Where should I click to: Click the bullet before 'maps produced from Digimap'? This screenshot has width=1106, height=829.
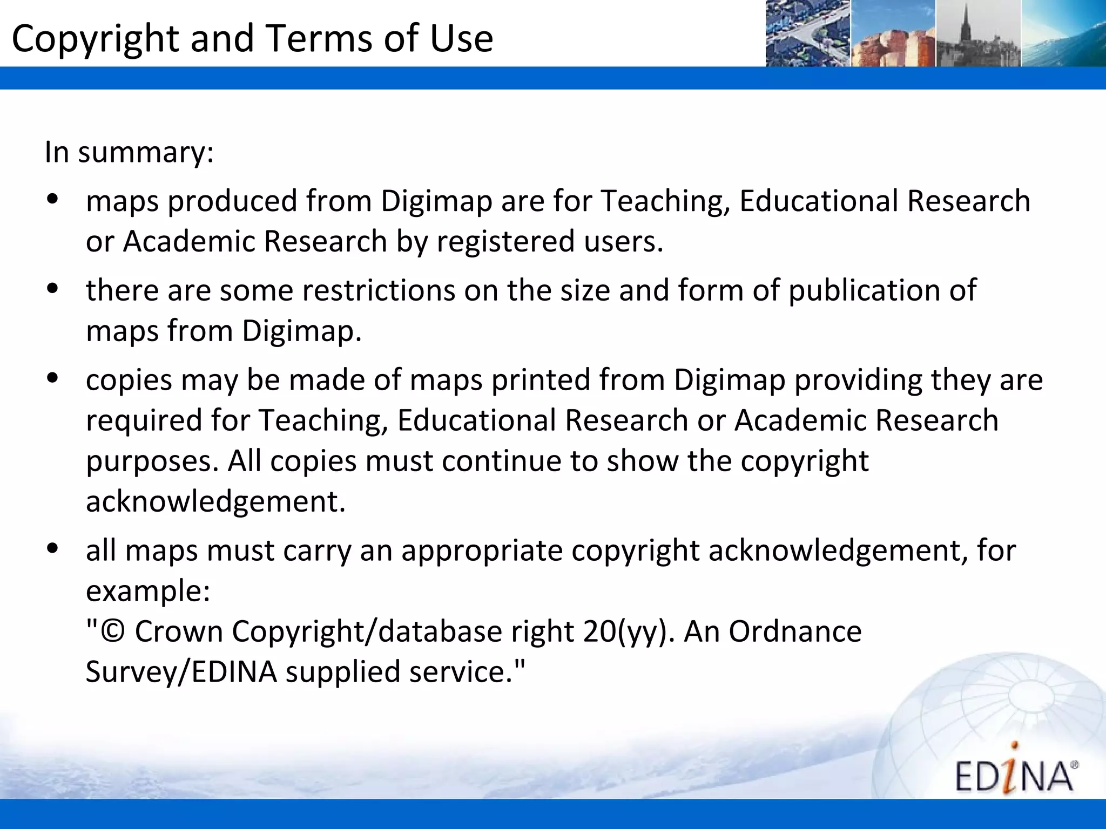click(x=52, y=200)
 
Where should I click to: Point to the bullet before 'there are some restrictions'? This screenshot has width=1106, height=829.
click(x=52, y=289)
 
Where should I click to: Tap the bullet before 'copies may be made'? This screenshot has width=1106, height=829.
click(x=52, y=379)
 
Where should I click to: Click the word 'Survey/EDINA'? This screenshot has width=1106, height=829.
click(x=181, y=672)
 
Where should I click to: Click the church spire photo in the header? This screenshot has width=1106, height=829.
click(x=978, y=33)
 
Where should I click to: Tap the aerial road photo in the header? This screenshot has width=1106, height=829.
click(x=807, y=33)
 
